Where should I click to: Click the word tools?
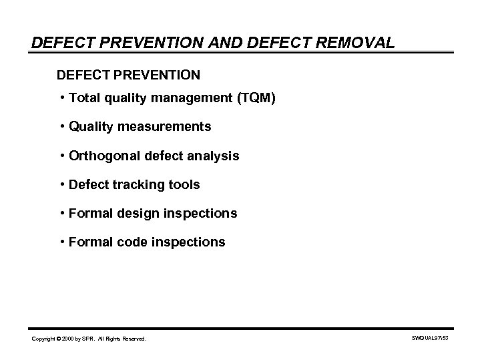pos(184,184)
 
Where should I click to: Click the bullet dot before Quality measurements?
pos(61,127)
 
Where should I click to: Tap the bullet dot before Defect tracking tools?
pos(61,184)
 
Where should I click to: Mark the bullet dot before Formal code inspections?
pos(61,242)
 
